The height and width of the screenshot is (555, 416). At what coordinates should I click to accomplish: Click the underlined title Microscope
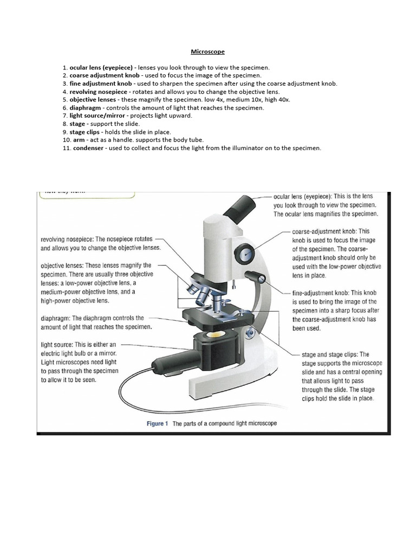(207, 52)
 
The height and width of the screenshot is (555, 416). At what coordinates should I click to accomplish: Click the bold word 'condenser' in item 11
(88, 148)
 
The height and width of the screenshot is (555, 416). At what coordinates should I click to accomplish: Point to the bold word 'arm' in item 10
(78, 140)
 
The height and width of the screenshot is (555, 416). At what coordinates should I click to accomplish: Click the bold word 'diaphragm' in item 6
(84, 108)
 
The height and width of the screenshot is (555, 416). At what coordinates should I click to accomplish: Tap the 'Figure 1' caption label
(158, 423)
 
